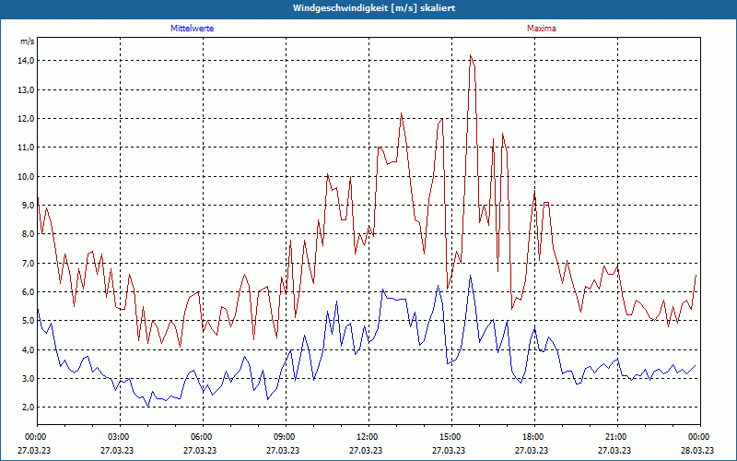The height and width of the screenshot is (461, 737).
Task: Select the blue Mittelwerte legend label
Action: [x=193, y=29]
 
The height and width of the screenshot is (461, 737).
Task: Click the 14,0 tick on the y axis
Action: [x=26, y=61]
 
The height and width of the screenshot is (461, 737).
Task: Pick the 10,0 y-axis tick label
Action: [x=26, y=176]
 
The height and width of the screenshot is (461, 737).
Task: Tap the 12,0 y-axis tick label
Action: [x=26, y=119]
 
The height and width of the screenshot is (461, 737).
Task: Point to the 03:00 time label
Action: [x=119, y=437]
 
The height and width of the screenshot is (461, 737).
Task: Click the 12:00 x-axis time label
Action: [x=368, y=437]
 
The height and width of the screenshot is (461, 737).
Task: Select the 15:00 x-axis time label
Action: [x=450, y=437]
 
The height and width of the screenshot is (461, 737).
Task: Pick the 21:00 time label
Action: [x=616, y=437]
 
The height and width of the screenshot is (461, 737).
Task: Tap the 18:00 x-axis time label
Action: [x=533, y=437]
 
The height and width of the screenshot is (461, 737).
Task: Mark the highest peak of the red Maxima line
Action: [x=471, y=55]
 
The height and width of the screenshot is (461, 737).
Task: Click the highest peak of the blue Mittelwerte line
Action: [x=471, y=275]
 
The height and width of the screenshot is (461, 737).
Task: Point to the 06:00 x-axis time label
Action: [x=202, y=437]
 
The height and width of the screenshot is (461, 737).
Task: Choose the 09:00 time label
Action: [x=285, y=437]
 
